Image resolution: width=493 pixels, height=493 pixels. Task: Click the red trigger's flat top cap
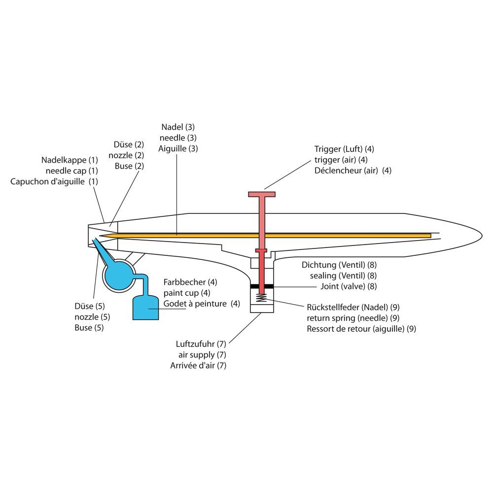click(x=262, y=194)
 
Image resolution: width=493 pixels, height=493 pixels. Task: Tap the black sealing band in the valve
click(x=262, y=286)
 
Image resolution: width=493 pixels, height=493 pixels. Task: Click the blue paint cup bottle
click(x=145, y=307)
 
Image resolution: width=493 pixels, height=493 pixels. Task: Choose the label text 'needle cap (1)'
click(x=72, y=171)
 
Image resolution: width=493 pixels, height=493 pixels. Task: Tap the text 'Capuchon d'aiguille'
click(x=48, y=181)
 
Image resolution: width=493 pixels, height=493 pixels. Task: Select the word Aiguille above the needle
click(x=172, y=148)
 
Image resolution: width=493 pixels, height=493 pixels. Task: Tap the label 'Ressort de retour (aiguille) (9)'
click(x=361, y=328)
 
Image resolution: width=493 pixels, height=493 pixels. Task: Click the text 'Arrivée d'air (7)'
click(x=198, y=365)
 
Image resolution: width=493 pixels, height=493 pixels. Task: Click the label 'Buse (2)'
click(x=129, y=166)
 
